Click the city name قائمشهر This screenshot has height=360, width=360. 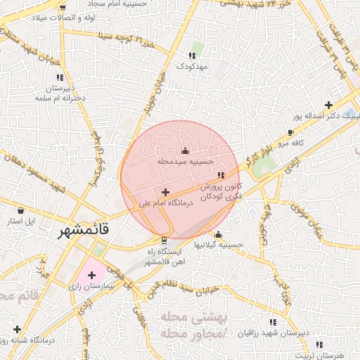81,230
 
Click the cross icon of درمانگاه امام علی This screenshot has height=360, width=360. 165,192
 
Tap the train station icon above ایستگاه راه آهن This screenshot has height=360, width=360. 165,240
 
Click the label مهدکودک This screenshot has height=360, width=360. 191,66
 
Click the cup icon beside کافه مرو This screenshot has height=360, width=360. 290,132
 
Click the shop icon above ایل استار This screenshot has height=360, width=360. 20,210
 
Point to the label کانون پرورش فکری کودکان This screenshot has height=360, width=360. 221,193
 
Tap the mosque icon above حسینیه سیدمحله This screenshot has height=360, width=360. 185,150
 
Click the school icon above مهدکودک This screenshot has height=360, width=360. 191,56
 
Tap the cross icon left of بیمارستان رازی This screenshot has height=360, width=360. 91,274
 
